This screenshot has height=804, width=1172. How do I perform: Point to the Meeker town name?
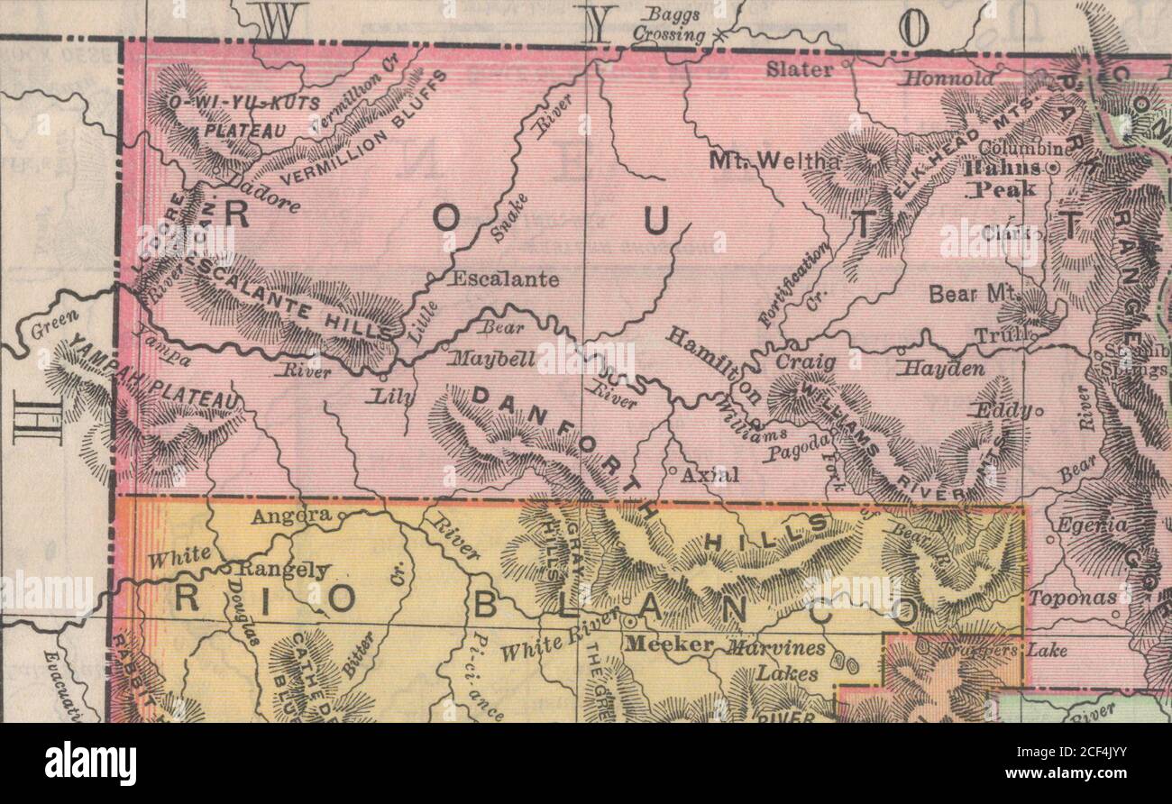coord(669,645)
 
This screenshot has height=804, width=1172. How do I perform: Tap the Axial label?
coord(710,474)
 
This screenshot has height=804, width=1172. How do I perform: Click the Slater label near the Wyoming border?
coord(800,69)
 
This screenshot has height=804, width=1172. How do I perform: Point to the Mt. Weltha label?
coord(774,160)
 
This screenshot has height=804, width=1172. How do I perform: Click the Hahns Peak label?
coord(1000,178)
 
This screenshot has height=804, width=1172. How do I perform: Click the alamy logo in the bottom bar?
coord(90,763)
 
